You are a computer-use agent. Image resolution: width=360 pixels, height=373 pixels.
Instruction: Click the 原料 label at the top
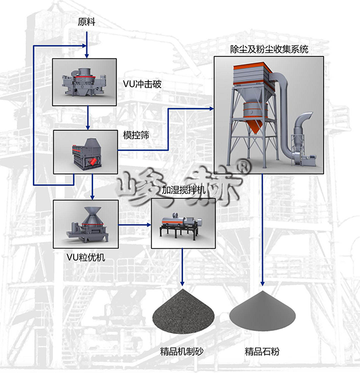point(86,22)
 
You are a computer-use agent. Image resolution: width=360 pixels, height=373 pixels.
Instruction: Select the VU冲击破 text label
point(142,84)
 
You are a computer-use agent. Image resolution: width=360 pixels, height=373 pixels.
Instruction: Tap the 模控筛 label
point(136,135)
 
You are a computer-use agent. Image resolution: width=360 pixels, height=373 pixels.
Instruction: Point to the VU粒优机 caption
point(86,258)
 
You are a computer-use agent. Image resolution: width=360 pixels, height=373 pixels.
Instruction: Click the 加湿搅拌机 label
point(184,190)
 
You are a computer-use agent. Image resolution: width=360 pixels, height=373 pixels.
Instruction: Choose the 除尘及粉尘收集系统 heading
point(269,49)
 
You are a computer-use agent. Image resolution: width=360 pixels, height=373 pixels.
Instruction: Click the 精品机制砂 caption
point(182,351)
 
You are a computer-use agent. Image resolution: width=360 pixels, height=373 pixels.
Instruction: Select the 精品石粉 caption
point(262,351)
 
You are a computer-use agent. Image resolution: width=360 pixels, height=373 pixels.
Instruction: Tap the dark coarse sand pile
point(183,310)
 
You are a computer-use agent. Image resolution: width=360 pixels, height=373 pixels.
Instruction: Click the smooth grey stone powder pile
point(262,311)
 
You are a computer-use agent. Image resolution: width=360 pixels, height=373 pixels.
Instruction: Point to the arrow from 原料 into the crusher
point(87,44)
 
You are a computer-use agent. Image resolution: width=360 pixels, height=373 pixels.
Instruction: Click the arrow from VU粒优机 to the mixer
point(135,225)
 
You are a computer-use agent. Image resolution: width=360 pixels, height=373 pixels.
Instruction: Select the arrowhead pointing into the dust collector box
point(211,109)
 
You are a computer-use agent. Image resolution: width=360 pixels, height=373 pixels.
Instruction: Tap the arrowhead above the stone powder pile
point(262,283)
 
